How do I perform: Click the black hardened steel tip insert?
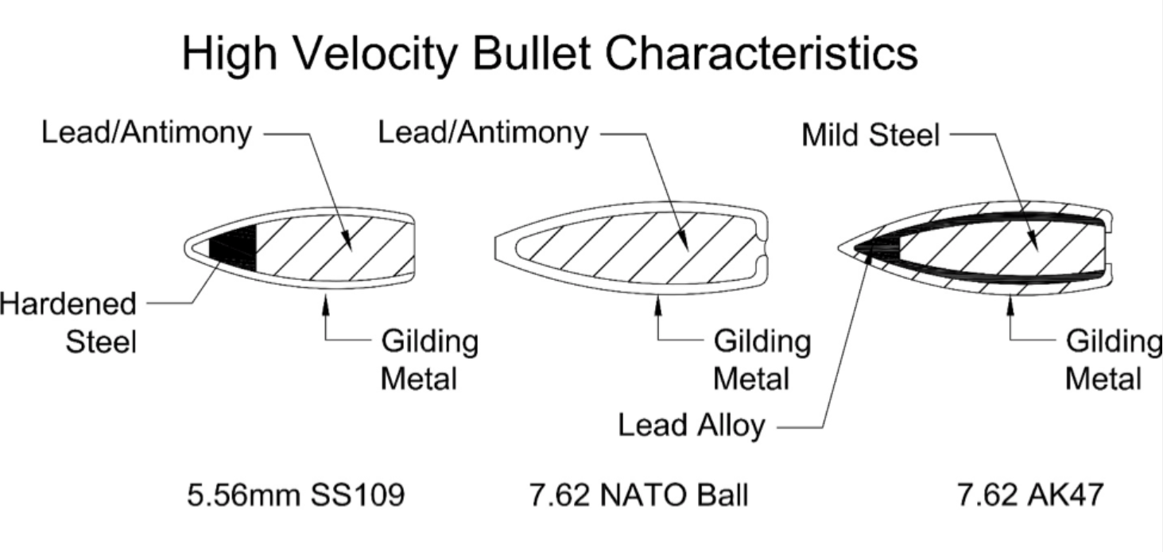(x=233, y=248)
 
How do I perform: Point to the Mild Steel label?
(x=870, y=135)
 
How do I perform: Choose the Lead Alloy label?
(x=691, y=426)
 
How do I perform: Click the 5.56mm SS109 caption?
(x=296, y=495)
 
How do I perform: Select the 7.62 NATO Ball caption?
(x=638, y=495)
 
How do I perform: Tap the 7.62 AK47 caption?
(x=1030, y=495)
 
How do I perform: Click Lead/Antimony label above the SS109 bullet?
(x=146, y=133)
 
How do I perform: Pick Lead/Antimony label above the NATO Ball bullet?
(x=483, y=133)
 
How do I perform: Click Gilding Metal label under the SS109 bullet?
(x=429, y=360)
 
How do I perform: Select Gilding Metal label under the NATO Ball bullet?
(x=762, y=360)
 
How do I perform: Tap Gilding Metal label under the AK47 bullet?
(x=1114, y=360)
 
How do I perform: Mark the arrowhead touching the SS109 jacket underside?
(x=326, y=303)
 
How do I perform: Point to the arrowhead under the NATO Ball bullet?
(x=658, y=305)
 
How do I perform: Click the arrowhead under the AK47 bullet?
(x=1010, y=305)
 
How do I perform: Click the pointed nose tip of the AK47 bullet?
(x=839, y=248)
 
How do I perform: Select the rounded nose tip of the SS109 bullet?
(x=185, y=248)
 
